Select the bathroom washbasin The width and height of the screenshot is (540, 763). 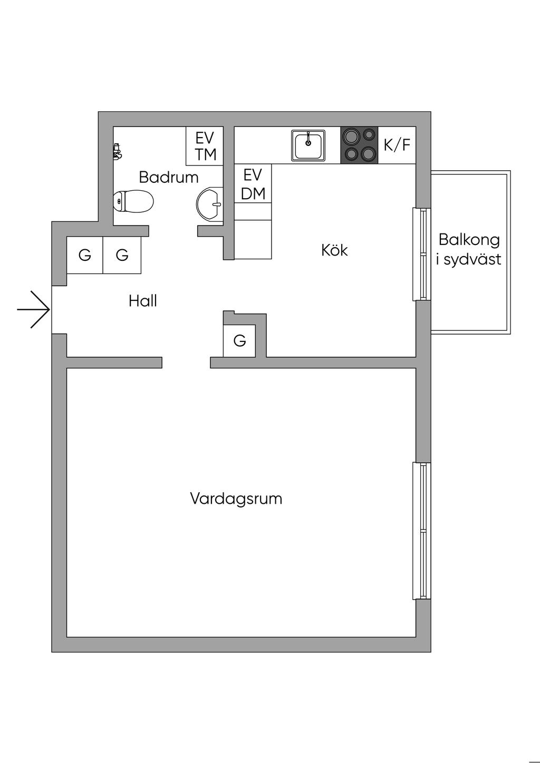tap(210, 203)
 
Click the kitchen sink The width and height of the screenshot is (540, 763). tap(308, 145)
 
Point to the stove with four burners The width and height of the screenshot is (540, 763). tap(359, 145)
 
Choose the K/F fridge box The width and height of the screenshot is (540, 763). tap(397, 145)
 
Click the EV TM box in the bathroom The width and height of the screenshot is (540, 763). tap(205, 146)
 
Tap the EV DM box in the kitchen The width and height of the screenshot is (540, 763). tap(253, 184)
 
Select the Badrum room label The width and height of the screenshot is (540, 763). tap(169, 177)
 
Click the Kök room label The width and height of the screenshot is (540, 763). tap(334, 250)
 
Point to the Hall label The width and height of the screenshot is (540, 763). tap(143, 301)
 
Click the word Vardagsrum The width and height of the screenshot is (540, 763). tap(236, 498)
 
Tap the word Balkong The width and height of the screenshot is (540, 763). tap(469, 240)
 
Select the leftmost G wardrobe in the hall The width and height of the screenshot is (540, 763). tap(85, 255)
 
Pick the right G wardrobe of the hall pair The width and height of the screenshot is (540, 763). tap(122, 255)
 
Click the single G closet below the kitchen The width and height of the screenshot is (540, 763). tap(239, 341)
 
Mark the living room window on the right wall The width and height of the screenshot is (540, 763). tap(421, 531)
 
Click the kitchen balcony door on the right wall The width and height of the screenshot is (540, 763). tap(421, 255)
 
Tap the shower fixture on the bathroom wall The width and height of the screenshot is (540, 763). tap(117, 152)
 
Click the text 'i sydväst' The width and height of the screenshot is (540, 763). tap(469, 259)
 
